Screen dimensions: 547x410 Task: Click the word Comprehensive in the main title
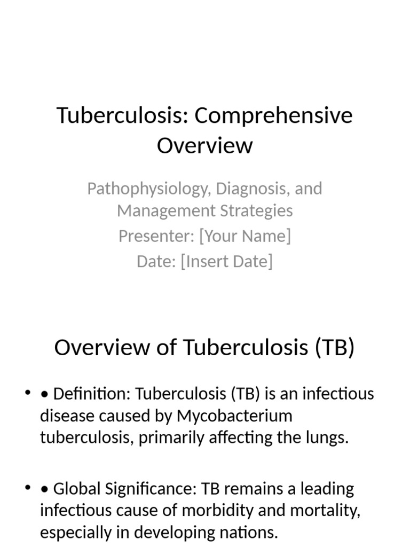[x=273, y=115]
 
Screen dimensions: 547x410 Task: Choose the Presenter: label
[x=156, y=236]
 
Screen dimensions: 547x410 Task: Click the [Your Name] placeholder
[x=245, y=236]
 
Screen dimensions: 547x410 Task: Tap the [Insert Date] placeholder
[x=226, y=261]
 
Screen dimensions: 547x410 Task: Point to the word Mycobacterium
[x=235, y=416]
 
